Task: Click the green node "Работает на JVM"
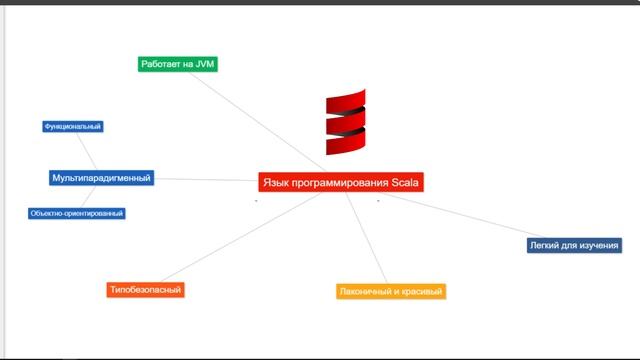point(177,64)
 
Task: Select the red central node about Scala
point(341,182)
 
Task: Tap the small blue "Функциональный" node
point(73,127)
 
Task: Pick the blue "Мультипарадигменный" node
point(101,178)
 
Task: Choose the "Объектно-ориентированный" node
point(77,213)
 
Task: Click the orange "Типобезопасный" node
point(146,290)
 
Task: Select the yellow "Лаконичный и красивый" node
point(390,292)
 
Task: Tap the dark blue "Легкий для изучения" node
point(574,245)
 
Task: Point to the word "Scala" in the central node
point(405,182)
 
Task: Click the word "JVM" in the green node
point(203,64)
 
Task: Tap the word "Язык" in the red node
point(275,182)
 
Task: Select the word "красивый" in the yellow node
point(419,292)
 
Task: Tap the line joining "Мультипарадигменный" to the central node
point(205,180)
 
